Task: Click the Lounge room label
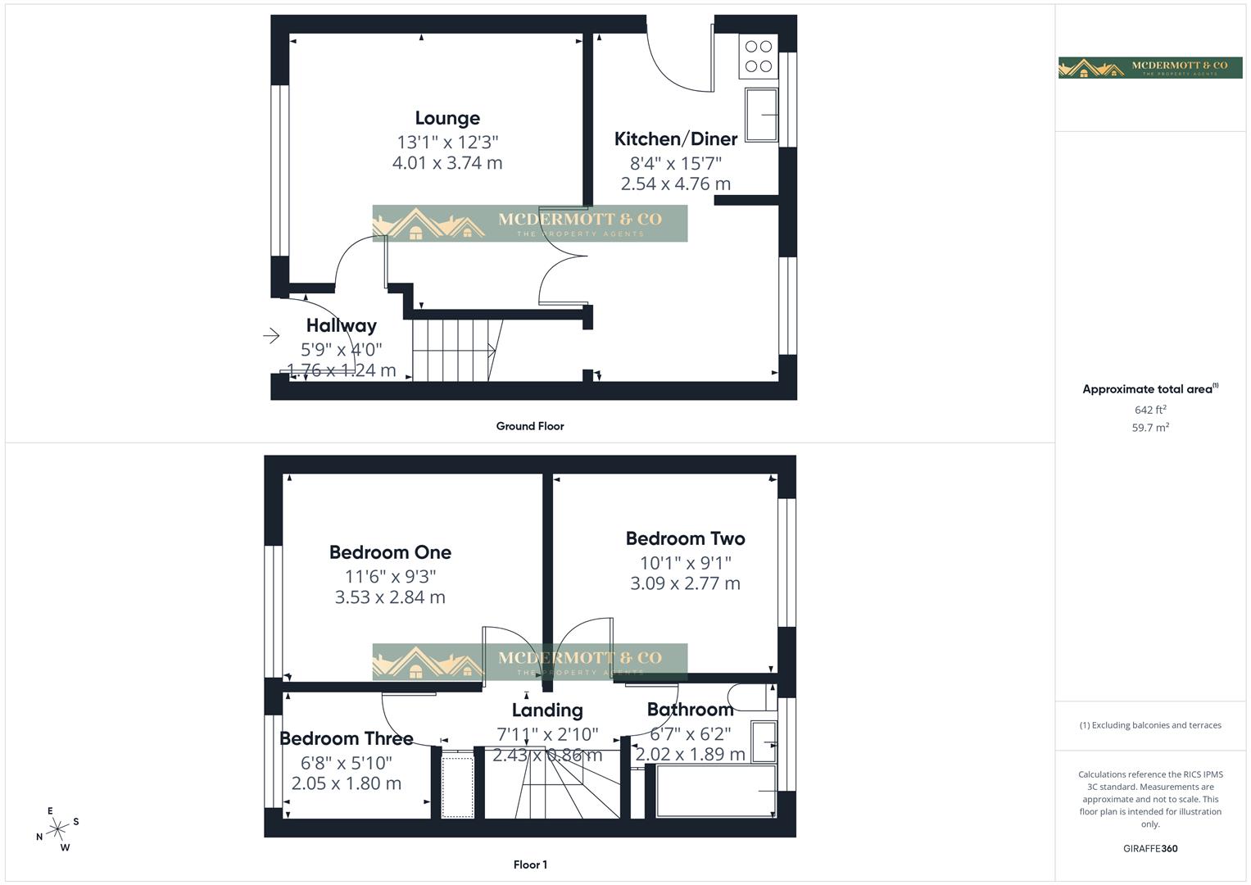click(447, 119)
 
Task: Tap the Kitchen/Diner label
click(676, 139)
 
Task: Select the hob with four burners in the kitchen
click(759, 57)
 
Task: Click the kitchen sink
click(761, 115)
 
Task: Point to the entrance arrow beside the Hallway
click(271, 335)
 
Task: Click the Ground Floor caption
click(530, 426)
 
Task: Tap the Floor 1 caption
click(530, 865)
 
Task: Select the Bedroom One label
click(390, 552)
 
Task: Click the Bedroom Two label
click(685, 538)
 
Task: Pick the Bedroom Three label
click(346, 738)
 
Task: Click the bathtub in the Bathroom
click(715, 791)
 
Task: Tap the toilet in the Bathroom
click(750, 697)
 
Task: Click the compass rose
click(57, 829)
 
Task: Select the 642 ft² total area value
click(1150, 410)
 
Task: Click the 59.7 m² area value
click(1150, 428)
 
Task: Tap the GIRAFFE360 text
click(1150, 849)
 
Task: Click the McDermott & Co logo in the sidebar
click(1150, 67)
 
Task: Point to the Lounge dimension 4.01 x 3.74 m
click(447, 163)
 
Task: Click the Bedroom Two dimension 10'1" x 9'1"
click(685, 563)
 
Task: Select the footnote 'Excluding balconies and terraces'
click(1150, 725)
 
